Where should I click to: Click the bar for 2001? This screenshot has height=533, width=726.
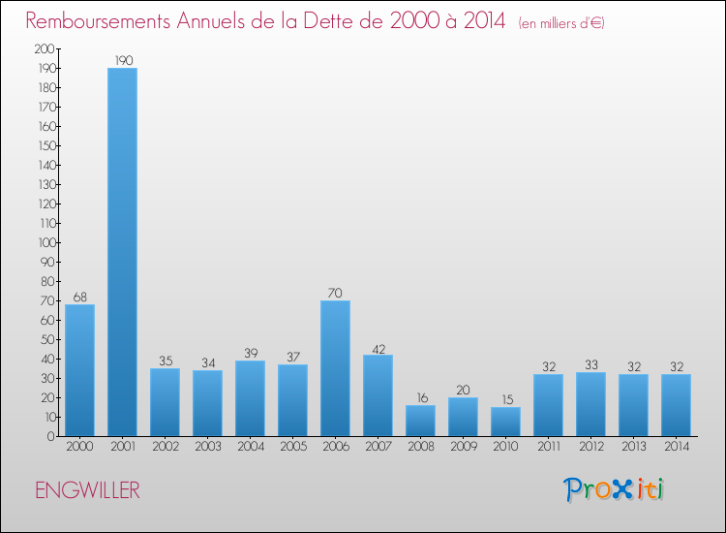[x=122, y=252]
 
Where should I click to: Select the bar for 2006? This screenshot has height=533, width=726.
[x=335, y=368]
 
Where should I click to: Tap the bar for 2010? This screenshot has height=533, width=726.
[x=505, y=421]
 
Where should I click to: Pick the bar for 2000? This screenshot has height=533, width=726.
[x=79, y=370]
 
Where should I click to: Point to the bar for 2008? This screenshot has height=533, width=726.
[x=420, y=421]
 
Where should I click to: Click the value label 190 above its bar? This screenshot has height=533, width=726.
[x=122, y=60]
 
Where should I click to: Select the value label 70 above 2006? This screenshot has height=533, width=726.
[x=335, y=293]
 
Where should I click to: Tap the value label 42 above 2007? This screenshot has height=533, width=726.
[x=378, y=347]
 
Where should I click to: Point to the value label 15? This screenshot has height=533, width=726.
[x=505, y=399]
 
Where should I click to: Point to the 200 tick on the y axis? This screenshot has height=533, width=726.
[x=44, y=48]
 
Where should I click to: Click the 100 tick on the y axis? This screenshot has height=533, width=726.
[x=44, y=242]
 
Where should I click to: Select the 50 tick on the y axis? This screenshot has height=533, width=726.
[x=46, y=339]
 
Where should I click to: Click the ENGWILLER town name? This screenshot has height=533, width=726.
[x=87, y=490]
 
